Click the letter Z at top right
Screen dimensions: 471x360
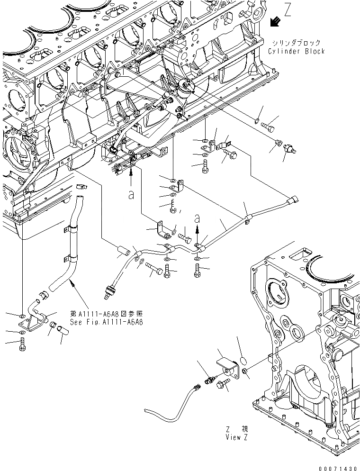[288, 9]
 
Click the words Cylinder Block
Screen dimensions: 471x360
[297, 51]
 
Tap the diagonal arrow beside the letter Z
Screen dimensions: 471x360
[274, 21]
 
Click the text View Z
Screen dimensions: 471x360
[237, 437]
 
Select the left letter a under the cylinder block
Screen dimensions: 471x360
[131, 195]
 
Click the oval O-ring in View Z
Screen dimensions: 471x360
[242, 353]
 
